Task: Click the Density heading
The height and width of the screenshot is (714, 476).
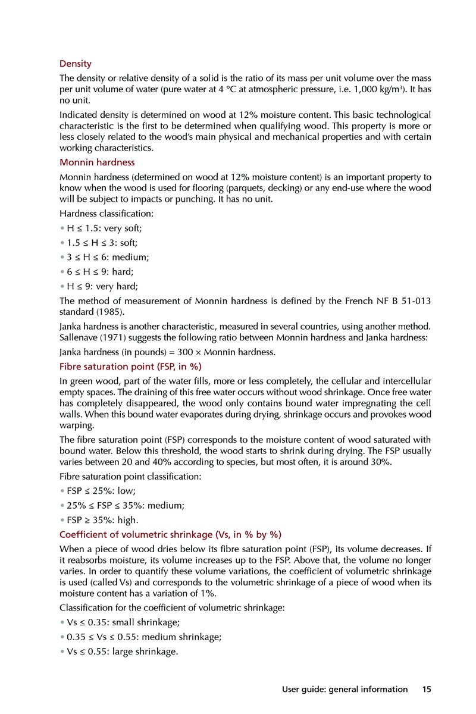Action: click(76, 64)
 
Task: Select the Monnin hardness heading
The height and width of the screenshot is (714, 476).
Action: click(97, 162)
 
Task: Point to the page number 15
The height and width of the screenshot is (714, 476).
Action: click(426, 690)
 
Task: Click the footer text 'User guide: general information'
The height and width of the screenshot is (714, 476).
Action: click(345, 690)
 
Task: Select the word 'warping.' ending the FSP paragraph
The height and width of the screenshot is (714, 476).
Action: click(77, 425)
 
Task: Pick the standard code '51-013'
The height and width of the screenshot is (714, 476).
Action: click(414, 300)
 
